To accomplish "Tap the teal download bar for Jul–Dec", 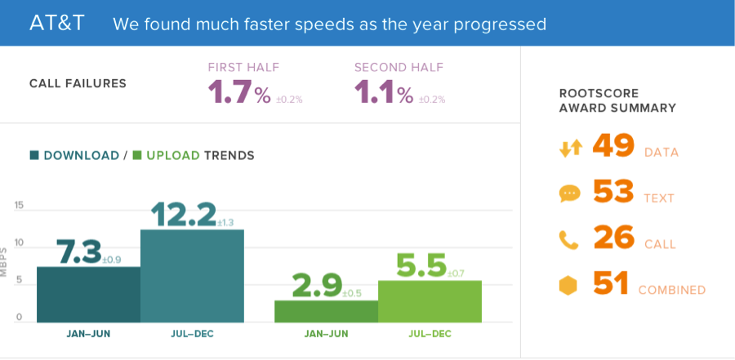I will [x=192, y=275].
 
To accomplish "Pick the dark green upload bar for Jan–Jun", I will [x=326, y=311].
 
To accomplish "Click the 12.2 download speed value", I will [x=184, y=214].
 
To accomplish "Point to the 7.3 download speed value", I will [x=78, y=251].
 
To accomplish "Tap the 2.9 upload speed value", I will [x=316, y=285].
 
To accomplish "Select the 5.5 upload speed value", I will [x=421, y=265].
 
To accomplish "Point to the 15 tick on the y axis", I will [x=18, y=206].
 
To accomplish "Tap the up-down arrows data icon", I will [x=570, y=149].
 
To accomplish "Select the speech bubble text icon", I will [x=569, y=194].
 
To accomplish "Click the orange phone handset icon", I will [x=569, y=240].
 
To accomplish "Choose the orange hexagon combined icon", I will [x=569, y=286].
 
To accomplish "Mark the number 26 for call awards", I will [x=613, y=238].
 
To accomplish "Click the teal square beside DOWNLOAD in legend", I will [x=34, y=155].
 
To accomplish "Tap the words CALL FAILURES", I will [x=78, y=83].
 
